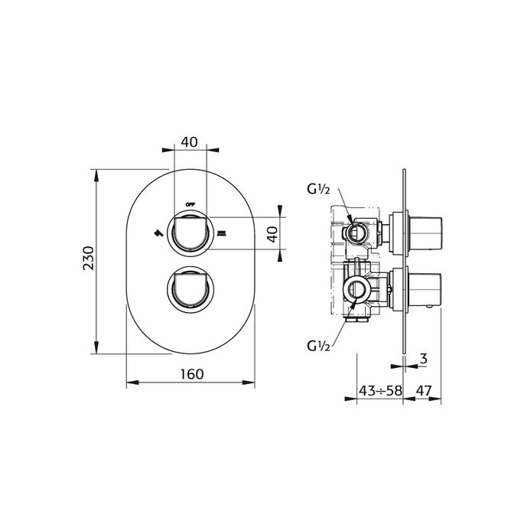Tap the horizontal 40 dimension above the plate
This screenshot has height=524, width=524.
point(190,142)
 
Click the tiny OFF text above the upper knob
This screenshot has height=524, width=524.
point(190,204)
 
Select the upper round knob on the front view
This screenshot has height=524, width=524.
point(190,233)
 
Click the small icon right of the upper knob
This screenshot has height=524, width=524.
point(222,233)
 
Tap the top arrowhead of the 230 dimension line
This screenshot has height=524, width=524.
point(96,174)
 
